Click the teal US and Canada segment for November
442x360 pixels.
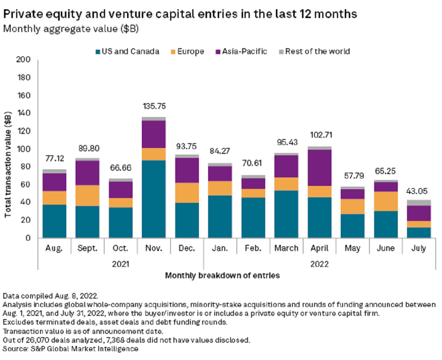[x=154, y=199]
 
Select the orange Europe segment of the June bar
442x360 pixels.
[x=386, y=201]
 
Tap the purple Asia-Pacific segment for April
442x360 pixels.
[x=319, y=167]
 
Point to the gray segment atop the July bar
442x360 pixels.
[x=419, y=202]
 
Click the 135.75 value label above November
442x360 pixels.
[x=154, y=106]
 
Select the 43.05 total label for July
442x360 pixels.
[x=419, y=191]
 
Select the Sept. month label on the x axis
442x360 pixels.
[x=87, y=248]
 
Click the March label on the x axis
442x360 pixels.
[x=286, y=248]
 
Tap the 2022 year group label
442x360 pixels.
[x=320, y=264]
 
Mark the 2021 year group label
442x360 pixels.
[x=120, y=264]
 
